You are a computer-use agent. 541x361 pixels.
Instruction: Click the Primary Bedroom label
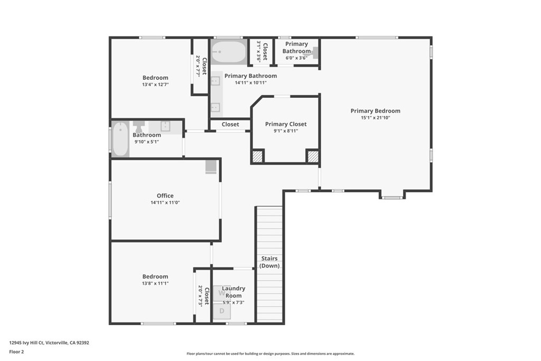[376, 111]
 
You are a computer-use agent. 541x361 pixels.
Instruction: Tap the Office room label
[165, 196]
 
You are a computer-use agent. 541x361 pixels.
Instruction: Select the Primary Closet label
[286, 124]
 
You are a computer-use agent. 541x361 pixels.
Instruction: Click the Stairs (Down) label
[269, 262]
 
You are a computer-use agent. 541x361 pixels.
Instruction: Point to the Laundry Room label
[234, 292]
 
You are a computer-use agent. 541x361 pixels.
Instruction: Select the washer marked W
[222, 293]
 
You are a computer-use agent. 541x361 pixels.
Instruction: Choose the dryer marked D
[222, 311]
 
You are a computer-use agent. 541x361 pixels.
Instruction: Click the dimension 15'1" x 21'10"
[376, 118]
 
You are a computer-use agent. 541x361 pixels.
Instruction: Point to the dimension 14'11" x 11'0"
[165, 202]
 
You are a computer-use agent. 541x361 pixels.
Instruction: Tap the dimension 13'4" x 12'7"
[155, 85]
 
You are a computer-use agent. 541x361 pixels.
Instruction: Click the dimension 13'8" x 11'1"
[155, 283]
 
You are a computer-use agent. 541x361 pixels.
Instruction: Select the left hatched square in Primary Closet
[257, 156]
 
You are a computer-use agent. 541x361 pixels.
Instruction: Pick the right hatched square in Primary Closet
[313, 156]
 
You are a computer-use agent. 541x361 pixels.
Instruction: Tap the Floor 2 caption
[16, 352]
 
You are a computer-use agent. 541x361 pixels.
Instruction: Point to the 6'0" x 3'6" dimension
[296, 58]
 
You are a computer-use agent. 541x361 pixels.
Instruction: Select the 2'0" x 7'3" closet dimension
[200, 296]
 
